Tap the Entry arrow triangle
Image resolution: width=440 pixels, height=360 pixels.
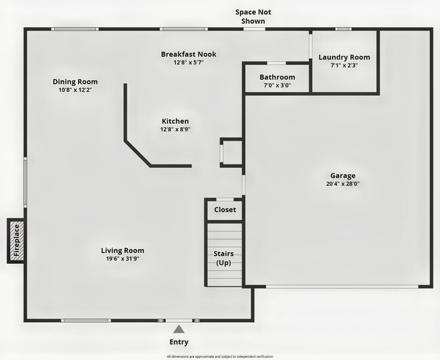click(x=179, y=329)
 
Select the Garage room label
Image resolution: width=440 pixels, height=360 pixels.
click(x=343, y=175)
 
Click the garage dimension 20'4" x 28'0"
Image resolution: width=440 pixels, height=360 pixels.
click(x=343, y=183)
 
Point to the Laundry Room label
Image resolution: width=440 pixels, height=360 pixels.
click(x=344, y=58)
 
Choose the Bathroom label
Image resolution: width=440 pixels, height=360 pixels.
click(x=277, y=77)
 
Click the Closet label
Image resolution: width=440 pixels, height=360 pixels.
click(x=225, y=210)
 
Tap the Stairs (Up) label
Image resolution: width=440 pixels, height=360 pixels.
click(x=224, y=258)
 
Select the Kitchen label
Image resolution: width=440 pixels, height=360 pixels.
click(x=175, y=121)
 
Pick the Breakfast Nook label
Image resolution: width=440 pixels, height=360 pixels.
click(x=188, y=54)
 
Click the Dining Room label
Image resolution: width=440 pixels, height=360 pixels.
click(x=75, y=82)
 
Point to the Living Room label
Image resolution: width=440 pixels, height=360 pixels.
click(x=123, y=250)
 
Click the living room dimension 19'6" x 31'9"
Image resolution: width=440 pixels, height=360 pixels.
click(x=123, y=258)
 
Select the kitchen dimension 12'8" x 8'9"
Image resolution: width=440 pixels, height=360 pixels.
click(x=175, y=129)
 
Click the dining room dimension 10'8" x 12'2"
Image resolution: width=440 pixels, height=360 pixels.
click(x=75, y=90)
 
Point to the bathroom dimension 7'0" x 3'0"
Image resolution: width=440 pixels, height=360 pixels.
click(x=277, y=85)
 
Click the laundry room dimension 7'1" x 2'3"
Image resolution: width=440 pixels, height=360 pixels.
click(x=344, y=66)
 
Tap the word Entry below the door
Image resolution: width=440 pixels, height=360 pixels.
click(x=179, y=342)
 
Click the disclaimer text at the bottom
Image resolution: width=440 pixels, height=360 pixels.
click(x=220, y=356)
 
